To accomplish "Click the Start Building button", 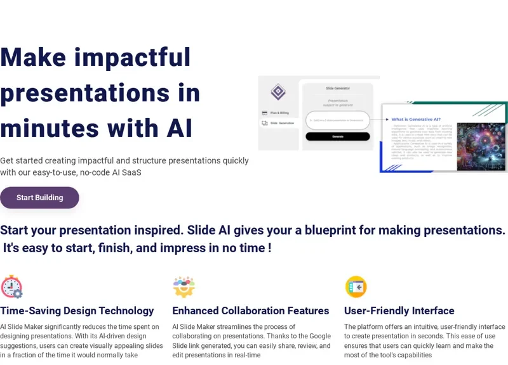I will pos(39,198).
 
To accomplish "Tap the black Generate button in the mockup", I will pos(337,136).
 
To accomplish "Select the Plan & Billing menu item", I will pos(279,113).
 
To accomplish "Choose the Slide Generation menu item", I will pos(282,123).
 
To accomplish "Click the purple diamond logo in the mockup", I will pos(278,92).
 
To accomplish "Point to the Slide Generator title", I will pos(337,88).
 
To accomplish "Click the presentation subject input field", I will pos(337,120).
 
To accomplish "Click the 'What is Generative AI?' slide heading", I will pos(416,119).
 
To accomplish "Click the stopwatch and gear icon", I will pos(11,287).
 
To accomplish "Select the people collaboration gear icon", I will pos(184,287).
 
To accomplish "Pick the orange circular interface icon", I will pos(356,287).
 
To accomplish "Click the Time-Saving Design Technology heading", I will pos(77,311).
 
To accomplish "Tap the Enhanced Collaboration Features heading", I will pos(250,311).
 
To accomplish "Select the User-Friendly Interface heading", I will pos(399,311).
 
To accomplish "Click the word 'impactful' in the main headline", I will pos(133,58).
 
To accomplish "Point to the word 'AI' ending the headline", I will pos(179,129).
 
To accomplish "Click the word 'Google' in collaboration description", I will pos(320,336).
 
